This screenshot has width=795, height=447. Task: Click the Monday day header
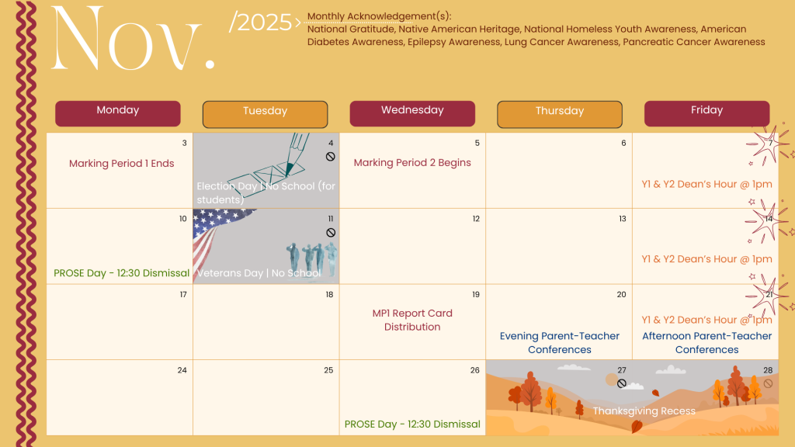pyautogui.click(x=118, y=113)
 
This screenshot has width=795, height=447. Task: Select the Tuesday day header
pyautogui.click(x=266, y=114)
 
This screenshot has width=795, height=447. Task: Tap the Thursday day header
pyautogui.click(x=560, y=114)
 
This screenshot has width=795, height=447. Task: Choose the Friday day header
pyautogui.click(x=706, y=113)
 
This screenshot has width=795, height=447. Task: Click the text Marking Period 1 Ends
pyautogui.click(x=122, y=163)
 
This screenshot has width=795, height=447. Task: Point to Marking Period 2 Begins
pyautogui.click(x=412, y=163)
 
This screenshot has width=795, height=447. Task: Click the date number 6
pyautogui.click(x=623, y=143)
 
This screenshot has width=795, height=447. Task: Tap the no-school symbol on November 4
pyautogui.click(x=331, y=157)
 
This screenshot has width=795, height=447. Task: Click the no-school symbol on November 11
pyautogui.click(x=331, y=233)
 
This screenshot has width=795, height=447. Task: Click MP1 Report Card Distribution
pyautogui.click(x=412, y=320)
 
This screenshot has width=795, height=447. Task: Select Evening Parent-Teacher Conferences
pyautogui.click(x=560, y=342)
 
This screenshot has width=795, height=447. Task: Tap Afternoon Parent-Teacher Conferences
pyautogui.click(x=706, y=342)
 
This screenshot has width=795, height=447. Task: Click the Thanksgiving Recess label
pyautogui.click(x=644, y=411)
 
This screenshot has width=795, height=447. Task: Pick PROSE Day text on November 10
pyautogui.click(x=122, y=273)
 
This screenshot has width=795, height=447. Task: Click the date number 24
pyautogui.click(x=182, y=370)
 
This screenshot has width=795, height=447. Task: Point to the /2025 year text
pyautogui.click(x=260, y=23)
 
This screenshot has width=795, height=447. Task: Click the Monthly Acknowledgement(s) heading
pyautogui.click(x=379, y=16)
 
